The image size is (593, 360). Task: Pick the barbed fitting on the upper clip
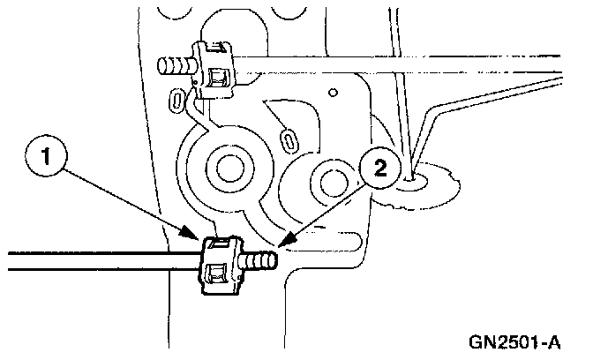176,64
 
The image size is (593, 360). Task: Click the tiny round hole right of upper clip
333,91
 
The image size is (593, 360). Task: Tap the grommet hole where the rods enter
412,183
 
